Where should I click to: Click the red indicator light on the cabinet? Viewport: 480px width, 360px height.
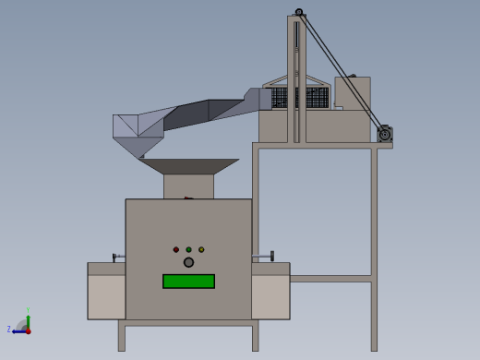pos(176,249)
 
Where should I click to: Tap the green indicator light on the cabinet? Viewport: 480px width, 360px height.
pos(188,249)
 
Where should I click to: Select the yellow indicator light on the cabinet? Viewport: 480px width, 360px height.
pos(201,249)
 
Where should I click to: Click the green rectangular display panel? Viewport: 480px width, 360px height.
pos(188,282)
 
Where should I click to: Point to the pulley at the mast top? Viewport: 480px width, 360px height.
pos(299,12)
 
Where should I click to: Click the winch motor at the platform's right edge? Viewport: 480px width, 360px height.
pos(384,135)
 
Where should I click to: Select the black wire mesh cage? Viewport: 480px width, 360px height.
pos(300,97)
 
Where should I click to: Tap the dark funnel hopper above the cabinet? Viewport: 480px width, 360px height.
pos(188,166)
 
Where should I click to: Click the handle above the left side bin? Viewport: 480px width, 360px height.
pos(117,257)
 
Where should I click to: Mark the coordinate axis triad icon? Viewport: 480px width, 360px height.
pos(24,326)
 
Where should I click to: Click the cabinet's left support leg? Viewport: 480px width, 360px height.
pos(122,336)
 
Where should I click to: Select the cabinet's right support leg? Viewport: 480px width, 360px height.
pos(255,336)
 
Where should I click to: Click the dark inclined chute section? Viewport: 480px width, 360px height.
pos(198,113)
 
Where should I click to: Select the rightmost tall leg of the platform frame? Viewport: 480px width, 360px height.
pos(374,249)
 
